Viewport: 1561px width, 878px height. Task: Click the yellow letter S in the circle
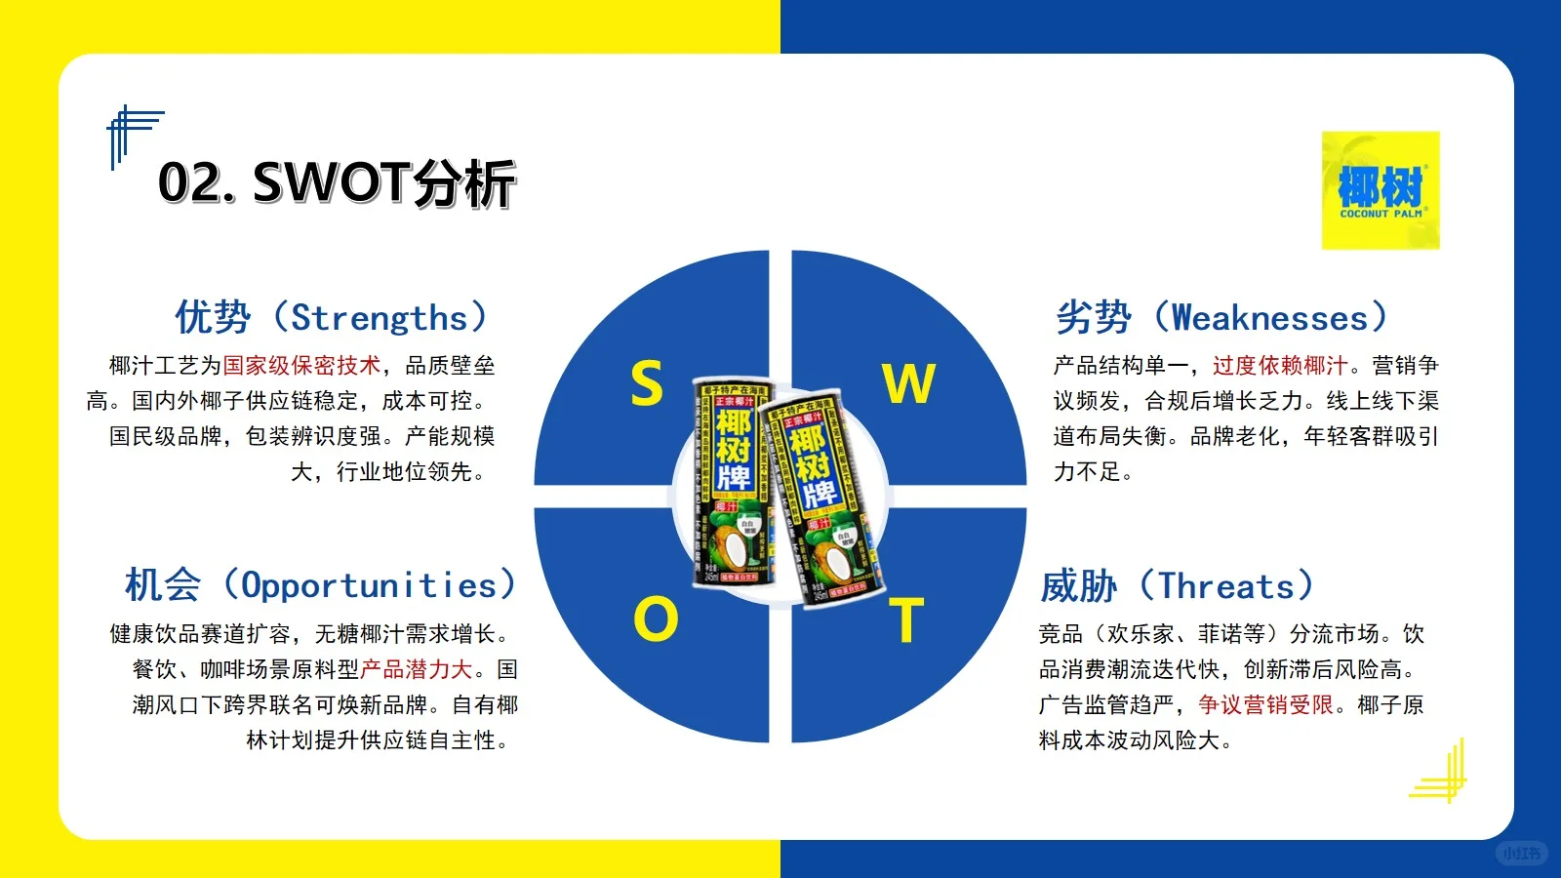click(x=647, y=382)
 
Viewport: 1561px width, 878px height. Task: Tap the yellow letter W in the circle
click(x=908, y=382)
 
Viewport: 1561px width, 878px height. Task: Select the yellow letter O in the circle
click(x=655, y=619)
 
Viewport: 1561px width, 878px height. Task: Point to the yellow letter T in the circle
click(x=906, y=620)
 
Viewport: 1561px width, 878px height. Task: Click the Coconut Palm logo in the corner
click(x=1381, y=190)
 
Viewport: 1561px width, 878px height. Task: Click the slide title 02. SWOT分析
click(x=337, y=182)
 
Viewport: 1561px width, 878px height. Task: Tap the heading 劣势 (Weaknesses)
click(x=1221, y=317)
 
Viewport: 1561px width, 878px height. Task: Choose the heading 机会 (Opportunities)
click(x=320, y=584)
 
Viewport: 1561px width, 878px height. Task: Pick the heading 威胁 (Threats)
click(x=1177, y=585)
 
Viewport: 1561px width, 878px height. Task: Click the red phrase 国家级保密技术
click(x=301, y=366)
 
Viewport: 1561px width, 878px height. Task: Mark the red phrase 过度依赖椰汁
click(x=1280, y=366)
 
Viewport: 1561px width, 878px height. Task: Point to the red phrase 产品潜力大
click(x=417, y=670)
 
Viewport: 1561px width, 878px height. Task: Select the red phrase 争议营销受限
click(x=1265, y=705)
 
